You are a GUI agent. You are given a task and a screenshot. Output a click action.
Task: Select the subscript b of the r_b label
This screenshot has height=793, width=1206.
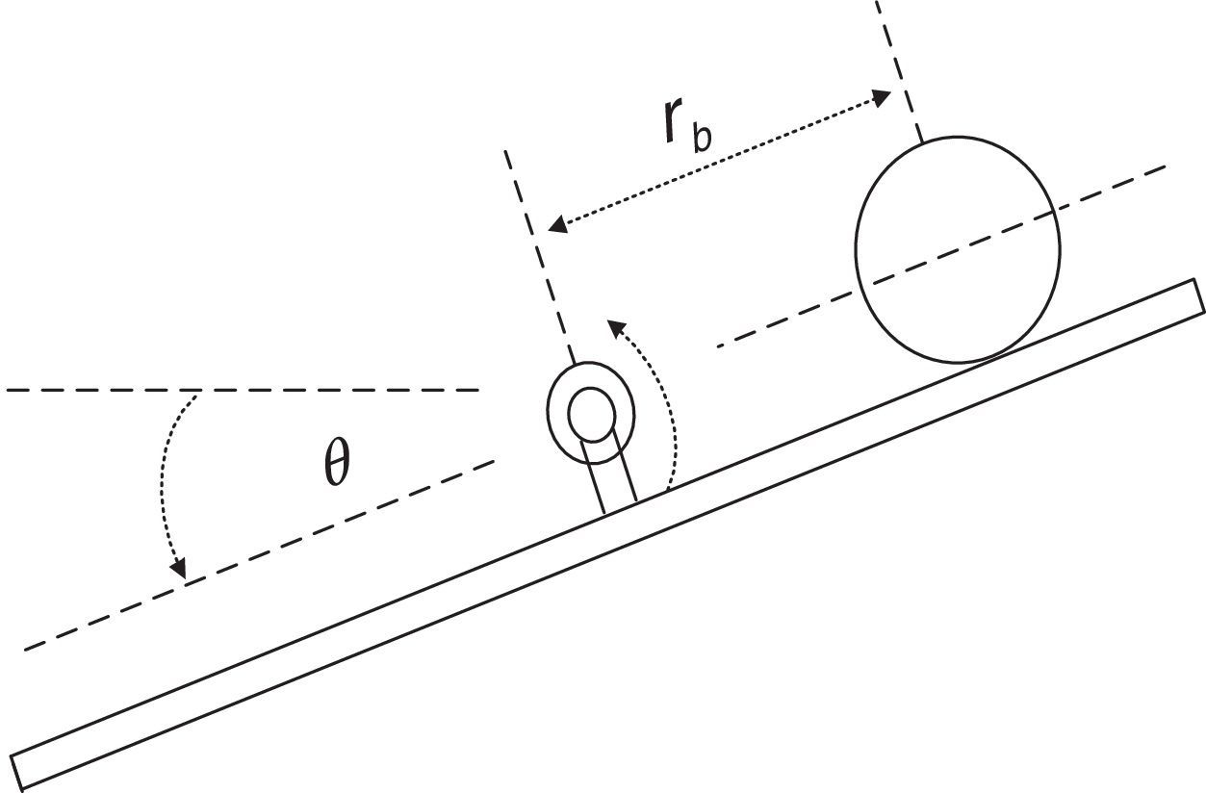click(703, 138)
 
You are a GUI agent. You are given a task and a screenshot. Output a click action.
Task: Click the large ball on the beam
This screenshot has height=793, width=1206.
click(958, 249)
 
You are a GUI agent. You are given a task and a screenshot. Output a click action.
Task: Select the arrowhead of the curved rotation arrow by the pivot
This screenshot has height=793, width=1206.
click(613, 328)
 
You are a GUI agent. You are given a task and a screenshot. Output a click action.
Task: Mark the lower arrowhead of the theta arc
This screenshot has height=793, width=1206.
click(178, 570)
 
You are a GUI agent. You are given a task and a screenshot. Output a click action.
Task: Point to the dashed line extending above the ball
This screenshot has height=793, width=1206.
click(896, 67)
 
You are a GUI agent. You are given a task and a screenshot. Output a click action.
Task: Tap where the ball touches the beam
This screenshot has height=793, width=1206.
click(963, 363)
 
